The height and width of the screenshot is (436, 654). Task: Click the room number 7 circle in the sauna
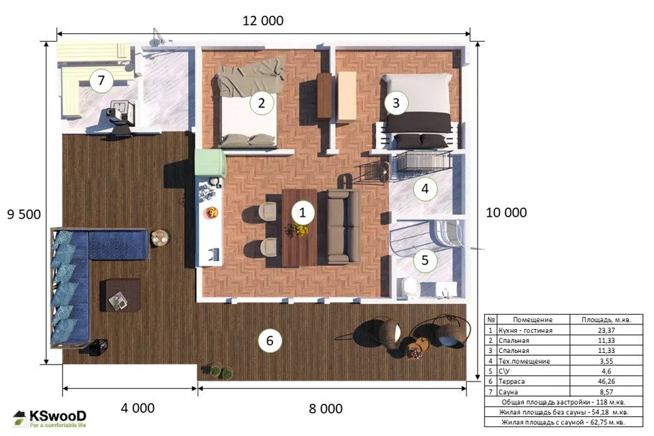coord(102,80)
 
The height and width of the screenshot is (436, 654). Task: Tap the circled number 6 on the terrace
coord(270,341)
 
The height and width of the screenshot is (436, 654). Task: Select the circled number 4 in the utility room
coord(425,189)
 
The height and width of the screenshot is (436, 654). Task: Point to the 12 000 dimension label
coord(263,20)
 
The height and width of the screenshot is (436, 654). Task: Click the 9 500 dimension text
coord(25,215)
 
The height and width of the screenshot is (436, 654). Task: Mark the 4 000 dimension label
coord(138,408)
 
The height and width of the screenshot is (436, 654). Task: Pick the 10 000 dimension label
coord(506,213)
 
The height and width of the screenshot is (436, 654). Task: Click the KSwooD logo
coord(50,418)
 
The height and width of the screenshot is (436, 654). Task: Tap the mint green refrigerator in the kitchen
coord(211,163)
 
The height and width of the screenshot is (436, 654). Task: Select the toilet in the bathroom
coord(410,288)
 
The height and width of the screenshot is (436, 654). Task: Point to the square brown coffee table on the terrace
coord(120,296)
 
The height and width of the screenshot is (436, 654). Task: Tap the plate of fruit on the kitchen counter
coord(211,213)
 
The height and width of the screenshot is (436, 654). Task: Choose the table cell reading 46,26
coord(606,381)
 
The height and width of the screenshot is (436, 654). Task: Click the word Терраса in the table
coord(512,381)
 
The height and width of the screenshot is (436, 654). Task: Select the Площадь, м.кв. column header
coord(606,320)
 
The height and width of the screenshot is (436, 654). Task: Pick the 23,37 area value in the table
coord(606,330)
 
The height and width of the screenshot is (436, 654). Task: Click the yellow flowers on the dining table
coord(300,229)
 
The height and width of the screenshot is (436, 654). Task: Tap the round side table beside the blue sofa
coord(159,238)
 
